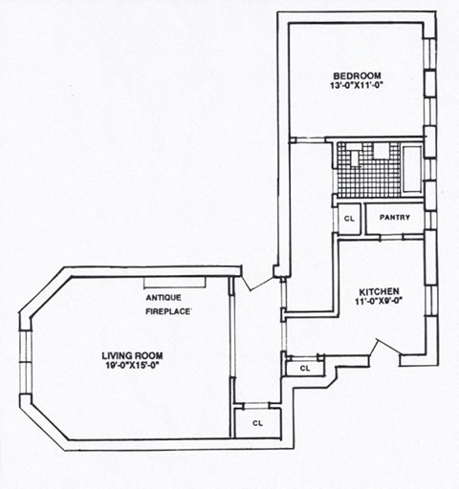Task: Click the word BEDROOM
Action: (358, 76)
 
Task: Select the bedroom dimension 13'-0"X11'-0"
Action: (358, 87)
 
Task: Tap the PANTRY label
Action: (394, 218)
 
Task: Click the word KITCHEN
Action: (379, 291)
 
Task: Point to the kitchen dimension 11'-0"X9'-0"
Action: (379, 302)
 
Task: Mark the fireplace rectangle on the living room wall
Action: (175, 282)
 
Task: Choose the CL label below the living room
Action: (258, 421)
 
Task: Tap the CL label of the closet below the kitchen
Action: (305, 368)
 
